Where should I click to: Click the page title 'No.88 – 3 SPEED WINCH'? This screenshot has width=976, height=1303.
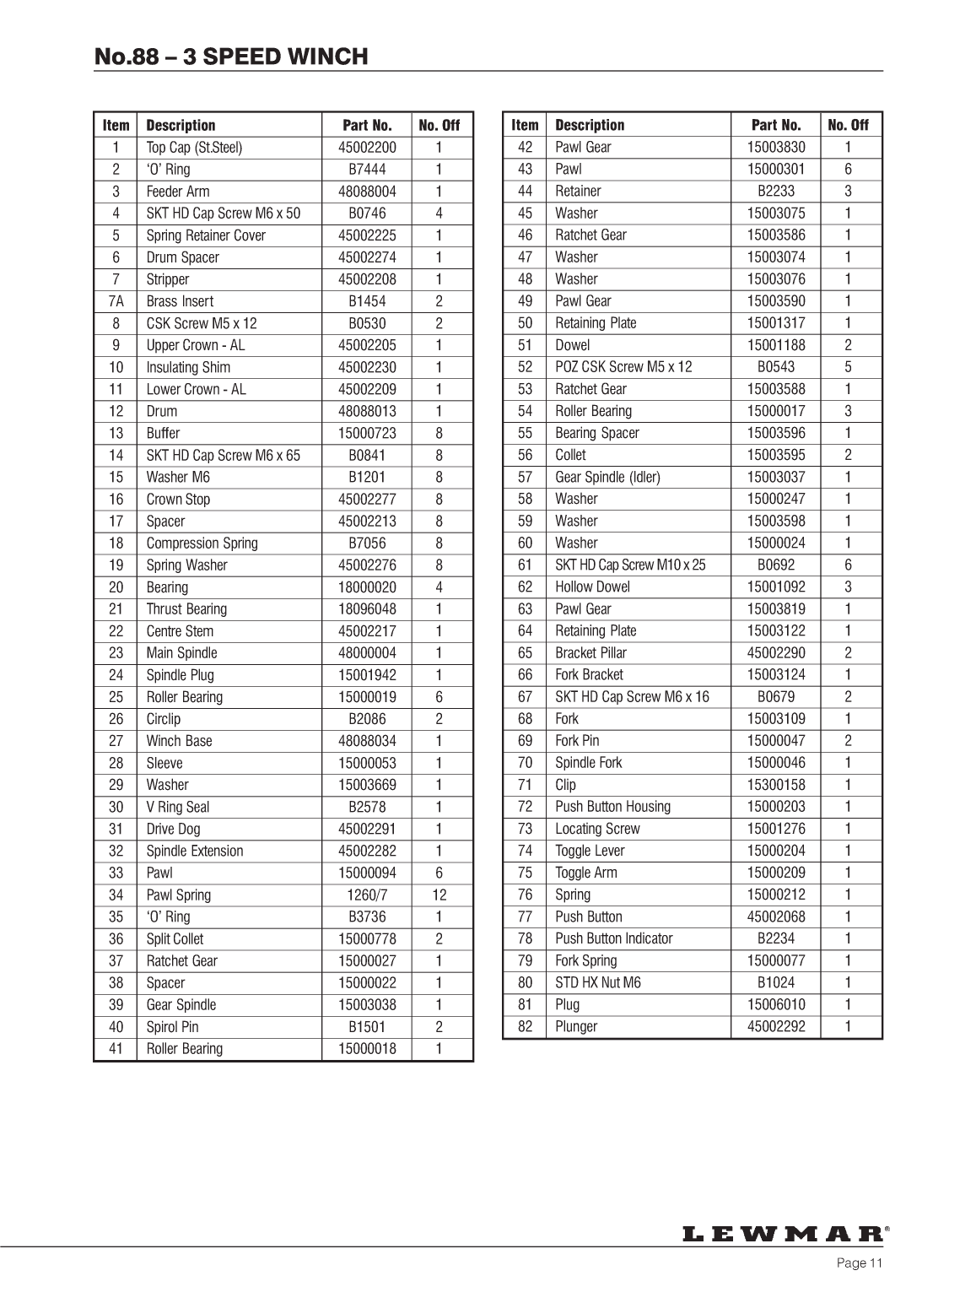coord(231,57)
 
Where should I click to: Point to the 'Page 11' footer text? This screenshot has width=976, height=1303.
coord(859,1263)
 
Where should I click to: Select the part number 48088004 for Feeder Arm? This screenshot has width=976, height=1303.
coord(367,192)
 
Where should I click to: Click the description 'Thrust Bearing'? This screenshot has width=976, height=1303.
coord(186,609)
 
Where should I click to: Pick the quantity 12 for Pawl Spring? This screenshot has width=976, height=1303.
coord(439,895)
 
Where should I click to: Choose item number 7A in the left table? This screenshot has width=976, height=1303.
coord(116,301)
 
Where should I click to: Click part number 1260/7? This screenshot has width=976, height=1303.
coord(367,895)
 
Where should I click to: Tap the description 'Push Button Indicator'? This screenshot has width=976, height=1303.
coord(613,938)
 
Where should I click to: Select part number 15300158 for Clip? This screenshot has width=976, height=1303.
coord(776,785)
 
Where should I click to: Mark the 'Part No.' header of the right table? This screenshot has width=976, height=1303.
coord(776,125)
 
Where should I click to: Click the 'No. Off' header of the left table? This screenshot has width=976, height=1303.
coord(439,126)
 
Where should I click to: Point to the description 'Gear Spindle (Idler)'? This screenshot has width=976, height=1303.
coord(607,477)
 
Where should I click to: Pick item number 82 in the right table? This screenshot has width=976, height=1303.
coord(525,1027)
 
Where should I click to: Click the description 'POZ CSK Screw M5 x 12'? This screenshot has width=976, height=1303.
coord(623,367)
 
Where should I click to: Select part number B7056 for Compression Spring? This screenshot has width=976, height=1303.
coord(367,543)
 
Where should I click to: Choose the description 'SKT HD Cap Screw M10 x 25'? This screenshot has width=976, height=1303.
coord(630,565)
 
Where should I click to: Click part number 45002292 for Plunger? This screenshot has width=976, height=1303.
coord(776,1027)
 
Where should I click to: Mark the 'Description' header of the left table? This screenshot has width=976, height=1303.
coord(181,126)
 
